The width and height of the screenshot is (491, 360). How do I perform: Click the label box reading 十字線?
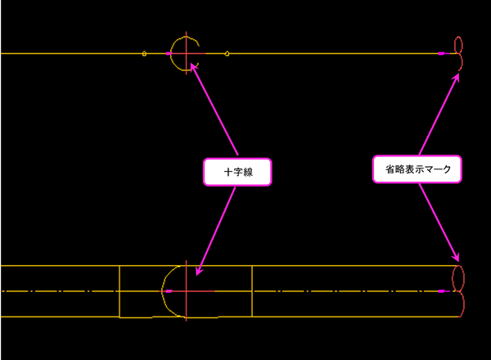(x=236, y=172)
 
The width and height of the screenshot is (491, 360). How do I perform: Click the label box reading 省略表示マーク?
(x=417, y=169)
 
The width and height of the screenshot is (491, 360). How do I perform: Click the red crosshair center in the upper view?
(x=187, y=54)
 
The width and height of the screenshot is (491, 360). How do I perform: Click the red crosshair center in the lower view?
(x=187, y=290)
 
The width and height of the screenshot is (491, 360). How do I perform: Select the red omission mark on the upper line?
(x=458, y=53)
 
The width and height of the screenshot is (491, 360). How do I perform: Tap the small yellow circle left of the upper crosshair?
(x=145, y=54)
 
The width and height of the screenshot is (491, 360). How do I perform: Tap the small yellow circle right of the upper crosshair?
(x=227, y=54)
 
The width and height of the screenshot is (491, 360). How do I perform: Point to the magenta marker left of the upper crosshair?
(x=169, y=54)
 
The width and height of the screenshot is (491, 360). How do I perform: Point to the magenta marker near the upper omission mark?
(x=442, y=53)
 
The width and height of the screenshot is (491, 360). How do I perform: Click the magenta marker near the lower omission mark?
(x=443, y=290)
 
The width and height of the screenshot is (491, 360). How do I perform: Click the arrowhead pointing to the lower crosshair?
(x=198, y=272)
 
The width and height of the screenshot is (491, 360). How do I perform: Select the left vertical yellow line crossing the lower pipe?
(x=119, y=291)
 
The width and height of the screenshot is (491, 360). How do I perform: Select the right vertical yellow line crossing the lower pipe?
(x=252, y=291)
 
